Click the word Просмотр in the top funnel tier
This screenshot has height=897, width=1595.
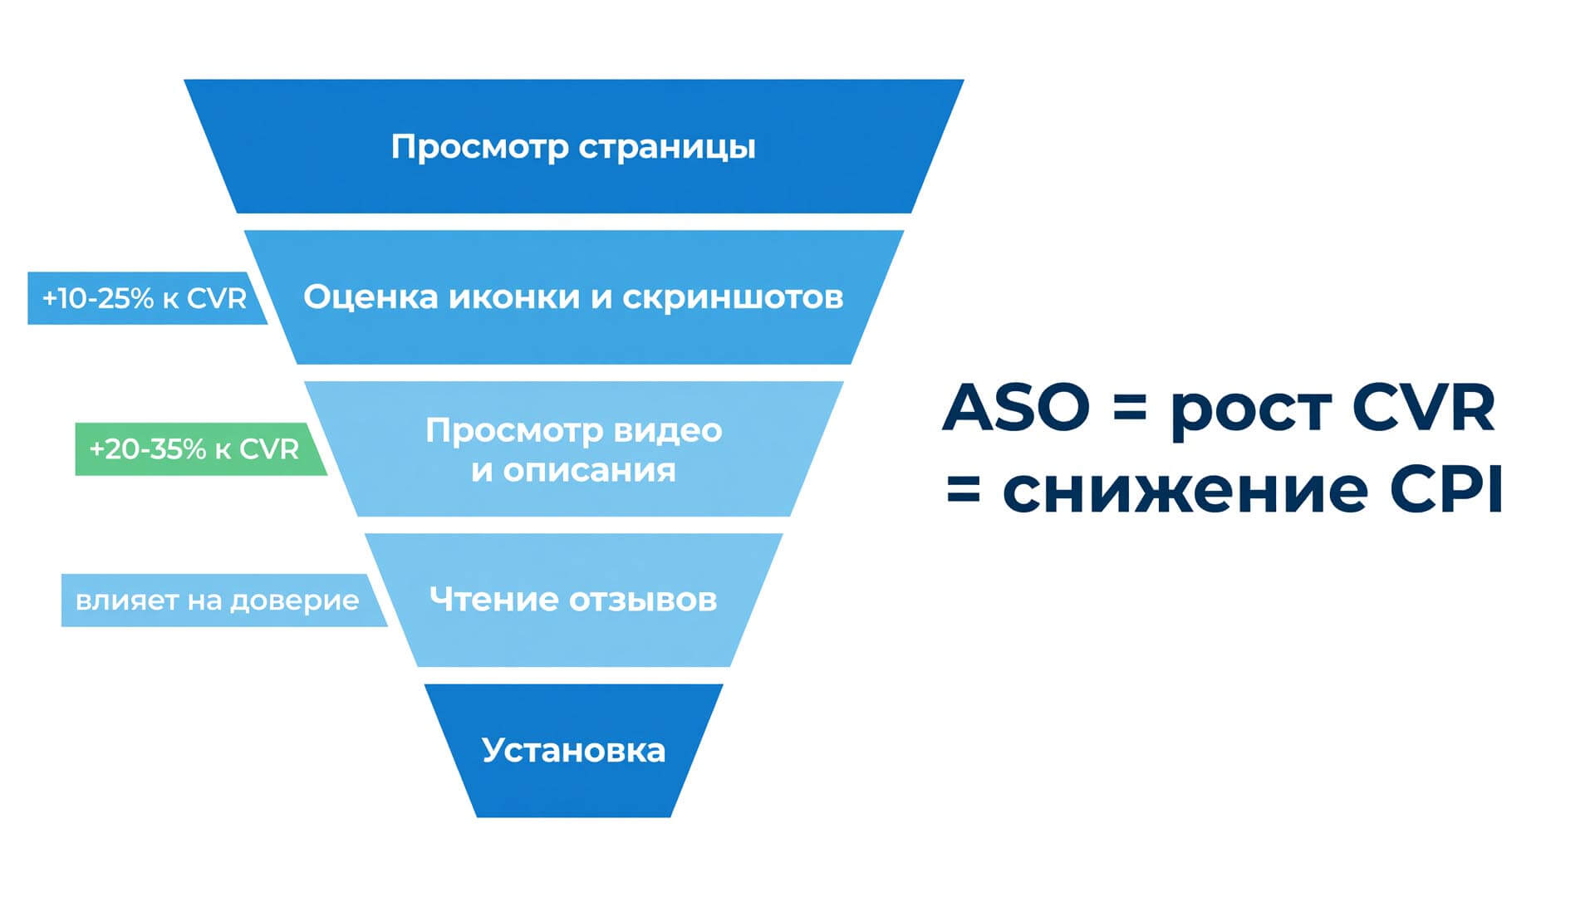[x=479, y=147]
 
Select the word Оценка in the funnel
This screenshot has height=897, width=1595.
[x=371, y=297]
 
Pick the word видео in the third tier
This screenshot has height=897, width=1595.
[x=667, y=430]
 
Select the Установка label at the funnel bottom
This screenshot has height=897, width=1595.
[x=573, y=750]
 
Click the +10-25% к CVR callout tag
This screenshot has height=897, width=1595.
[x=148, y=298]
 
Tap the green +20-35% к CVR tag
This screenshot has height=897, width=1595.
[x=201, y=449]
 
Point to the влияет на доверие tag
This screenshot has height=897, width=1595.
[x=224, y=600]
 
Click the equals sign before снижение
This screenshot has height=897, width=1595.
[x=964, y=491]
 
